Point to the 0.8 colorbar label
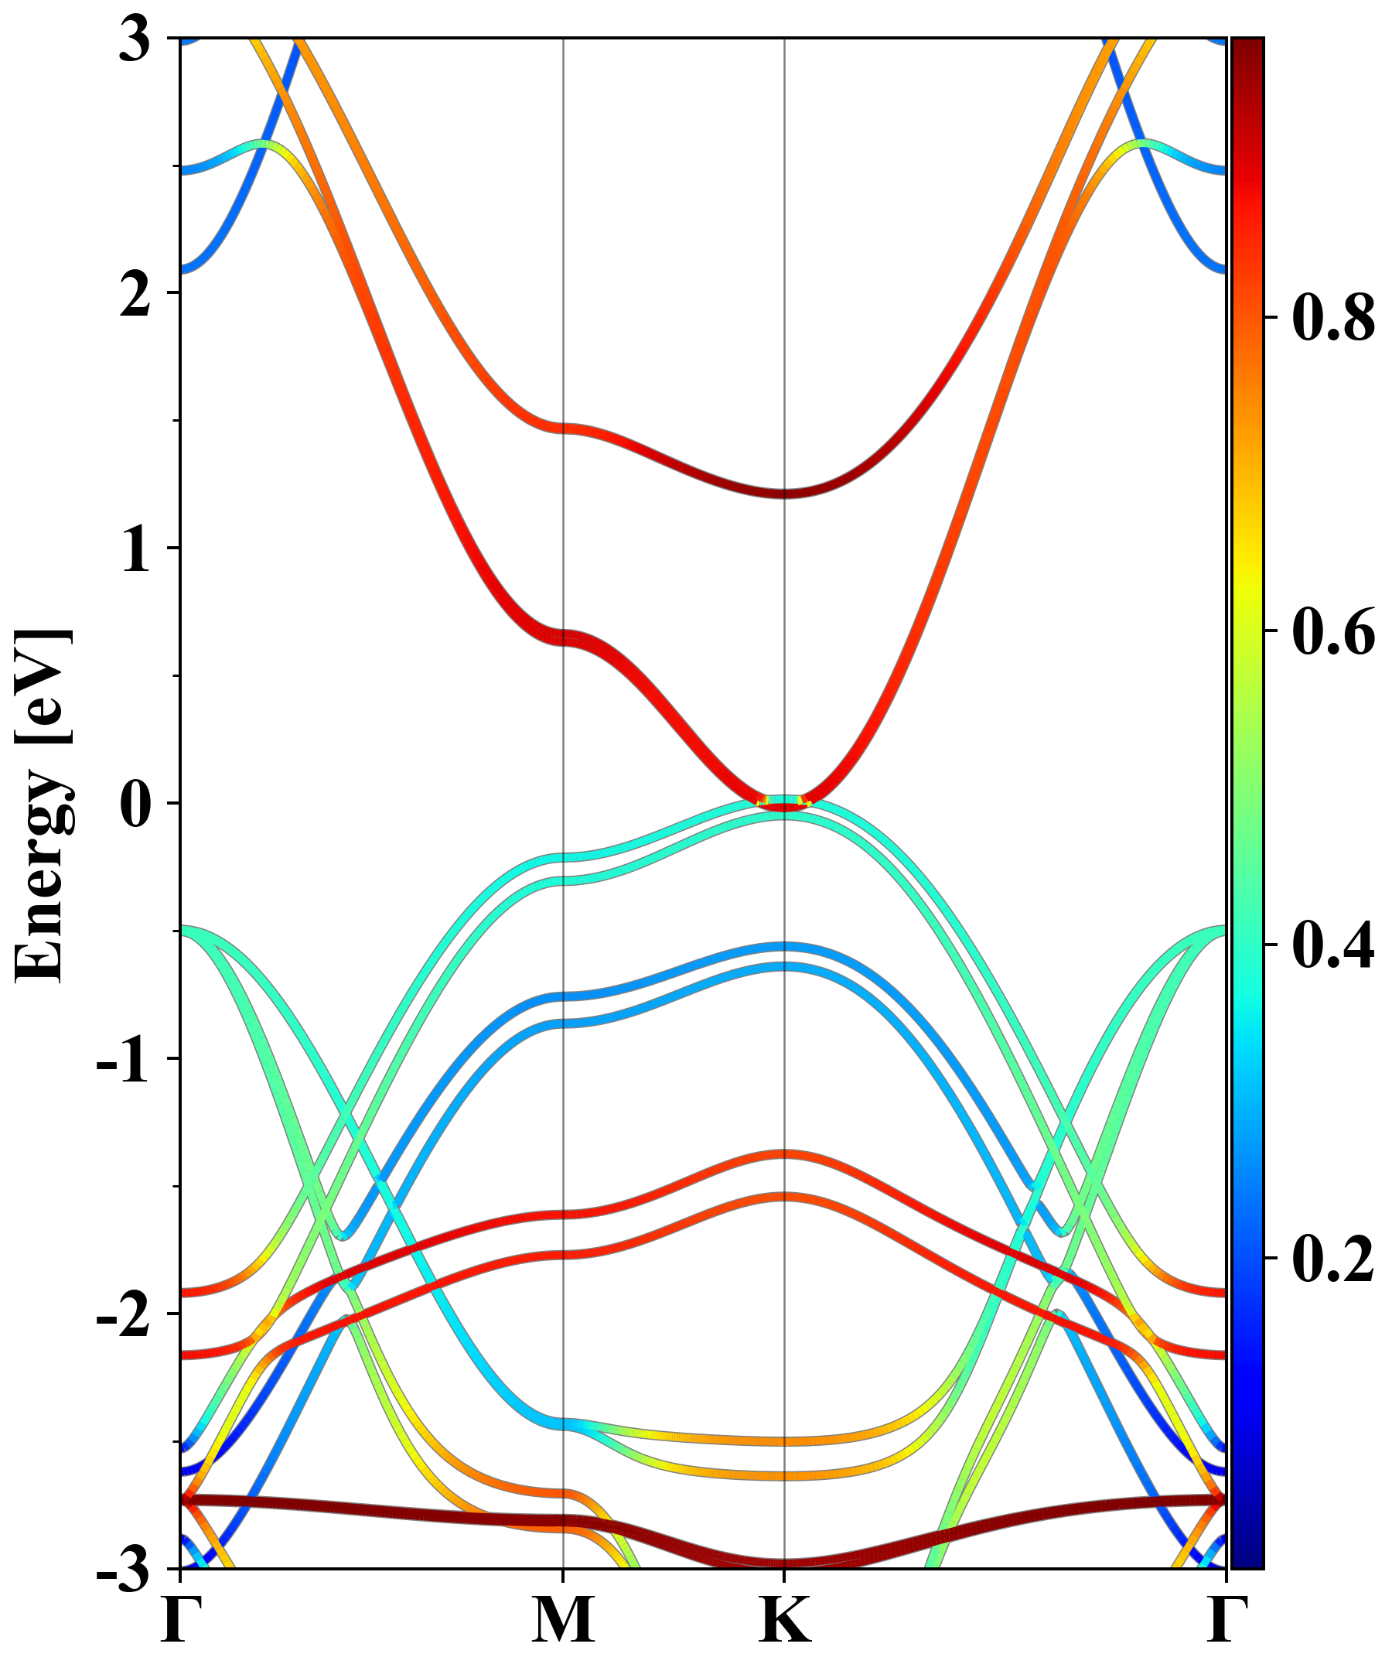pos(1333,319)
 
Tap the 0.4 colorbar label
pos(1333,946)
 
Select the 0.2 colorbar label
pos(1333,1259)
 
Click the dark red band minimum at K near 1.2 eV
pos(785,494)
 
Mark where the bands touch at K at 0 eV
pos(785,804)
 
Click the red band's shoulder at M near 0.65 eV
pos(563,637)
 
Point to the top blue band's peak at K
pos(785,947)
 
